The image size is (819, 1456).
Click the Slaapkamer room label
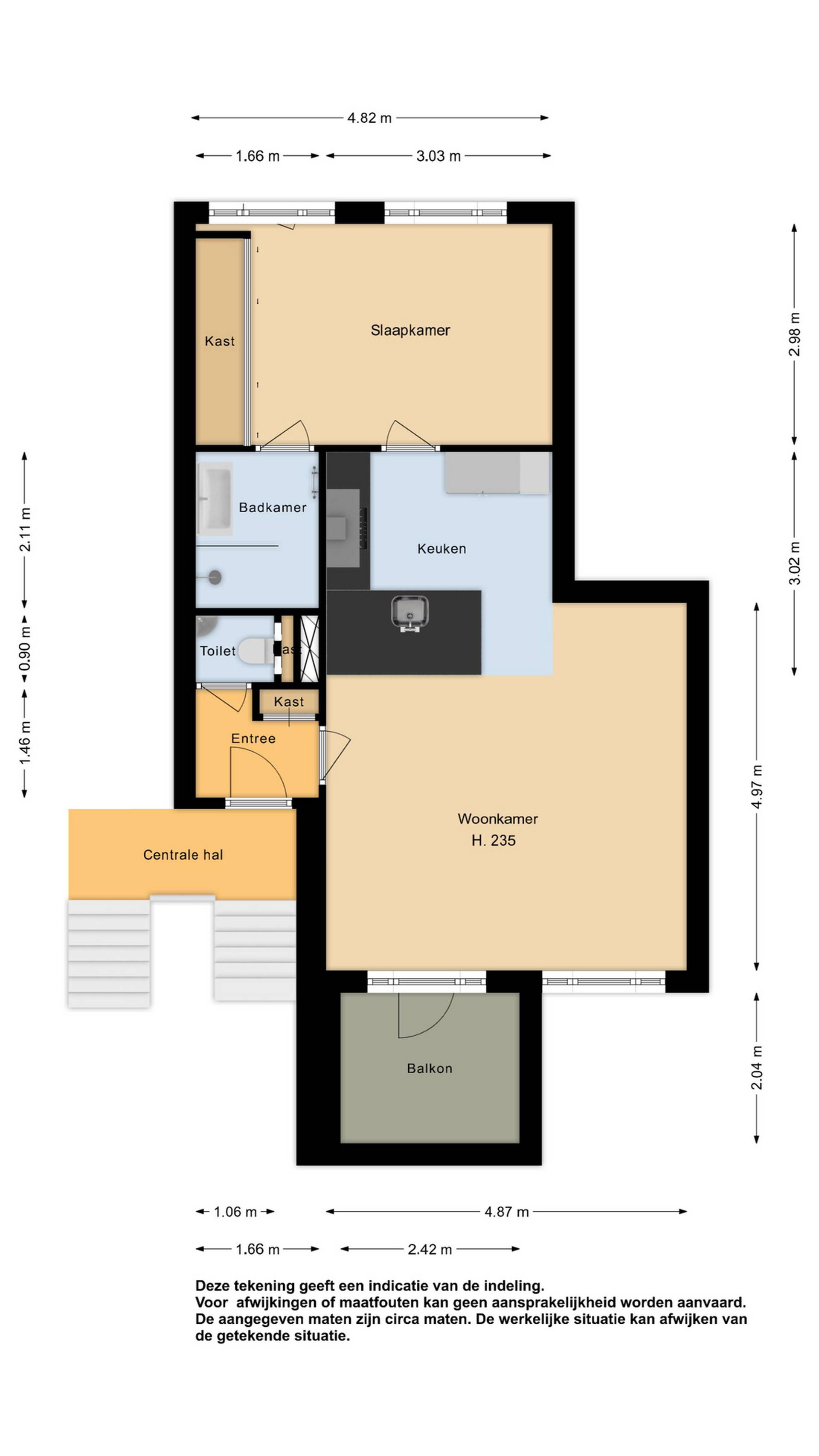point(410,330)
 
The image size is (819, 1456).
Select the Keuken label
point(441,548)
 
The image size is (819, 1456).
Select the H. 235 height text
point(494,840)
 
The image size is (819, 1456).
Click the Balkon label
point(429,1068)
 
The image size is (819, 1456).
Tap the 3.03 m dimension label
point(438,156)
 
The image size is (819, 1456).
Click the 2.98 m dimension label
point(795,334)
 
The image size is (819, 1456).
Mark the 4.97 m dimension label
point(757,787)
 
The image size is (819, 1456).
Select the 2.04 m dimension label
point(757,1068)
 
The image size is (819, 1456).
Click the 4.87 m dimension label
point(506,1212)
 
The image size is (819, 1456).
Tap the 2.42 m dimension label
point(430,1249)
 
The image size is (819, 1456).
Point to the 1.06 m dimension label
point(235,1212)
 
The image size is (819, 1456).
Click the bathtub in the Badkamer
point(215,499)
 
